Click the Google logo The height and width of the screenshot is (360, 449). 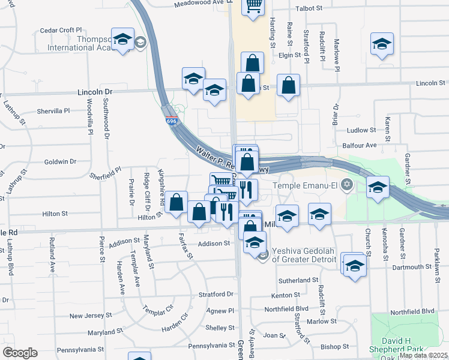[20, 353]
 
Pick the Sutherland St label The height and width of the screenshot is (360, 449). [298, 280]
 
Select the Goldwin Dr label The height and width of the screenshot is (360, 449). [60, 161]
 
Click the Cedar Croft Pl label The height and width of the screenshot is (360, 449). [61, 30]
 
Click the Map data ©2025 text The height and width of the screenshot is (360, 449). [423, 355]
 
